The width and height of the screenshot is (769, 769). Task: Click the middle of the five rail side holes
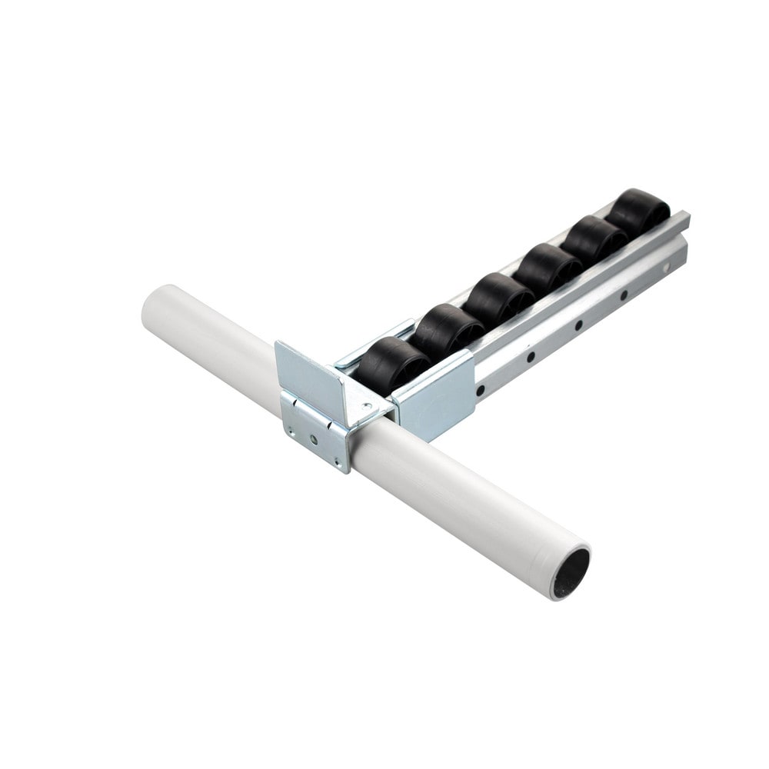point(577,325)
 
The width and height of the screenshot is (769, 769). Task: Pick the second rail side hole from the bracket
point(531,357)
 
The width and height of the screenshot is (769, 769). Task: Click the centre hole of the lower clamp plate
point(315,440)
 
